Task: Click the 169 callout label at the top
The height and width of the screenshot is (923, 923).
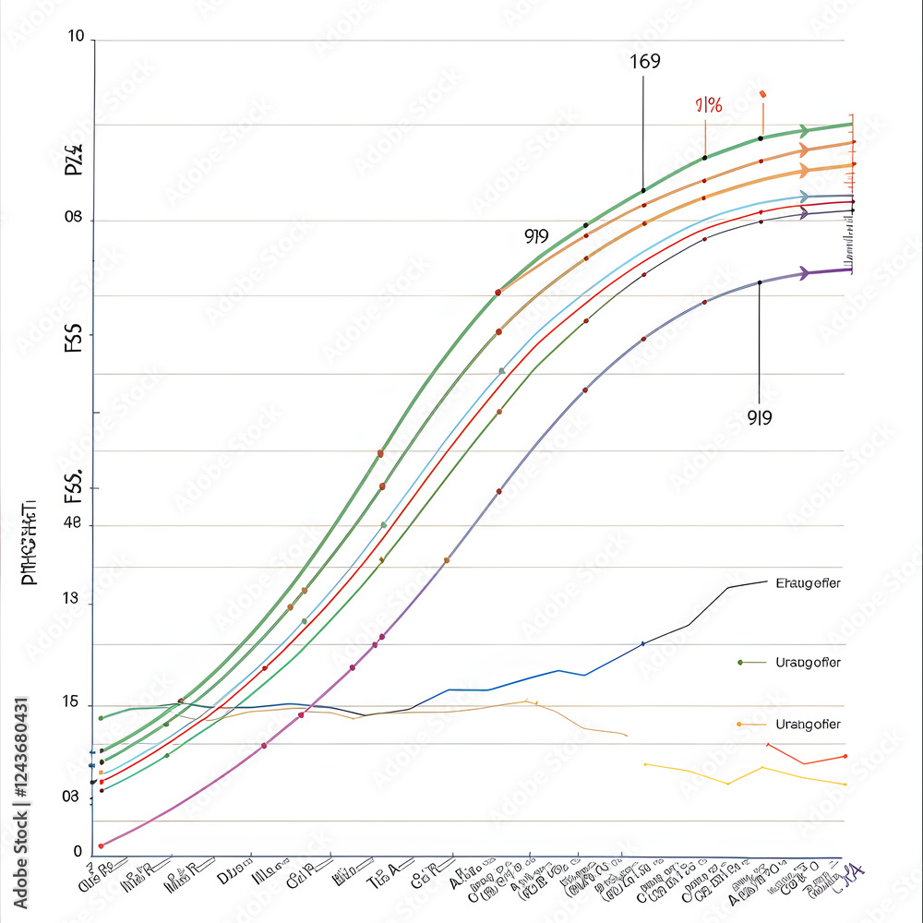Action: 645,62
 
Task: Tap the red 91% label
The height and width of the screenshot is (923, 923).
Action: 708,105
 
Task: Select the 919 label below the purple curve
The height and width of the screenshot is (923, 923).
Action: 759,417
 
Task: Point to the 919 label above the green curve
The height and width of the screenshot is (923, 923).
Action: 536,235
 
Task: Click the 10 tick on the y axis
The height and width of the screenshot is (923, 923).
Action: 76,37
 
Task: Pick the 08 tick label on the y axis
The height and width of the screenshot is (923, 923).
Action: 74,219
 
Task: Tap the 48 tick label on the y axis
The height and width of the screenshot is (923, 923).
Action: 72,524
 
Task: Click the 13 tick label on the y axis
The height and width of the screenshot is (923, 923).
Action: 71,600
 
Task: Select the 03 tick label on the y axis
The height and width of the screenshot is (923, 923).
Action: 71,797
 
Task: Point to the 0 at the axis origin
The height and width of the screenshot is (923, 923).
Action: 78,851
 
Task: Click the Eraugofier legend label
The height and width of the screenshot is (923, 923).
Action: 808,583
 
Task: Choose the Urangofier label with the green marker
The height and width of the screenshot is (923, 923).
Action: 808,663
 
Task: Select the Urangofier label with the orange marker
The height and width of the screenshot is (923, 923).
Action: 808,724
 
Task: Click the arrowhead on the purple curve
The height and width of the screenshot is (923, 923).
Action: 804,272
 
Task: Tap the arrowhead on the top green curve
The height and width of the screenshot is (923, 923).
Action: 805,130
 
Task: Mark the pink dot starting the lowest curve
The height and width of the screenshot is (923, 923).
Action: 101,845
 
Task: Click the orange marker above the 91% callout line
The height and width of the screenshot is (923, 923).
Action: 762,94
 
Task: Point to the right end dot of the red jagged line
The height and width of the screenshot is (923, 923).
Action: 845,756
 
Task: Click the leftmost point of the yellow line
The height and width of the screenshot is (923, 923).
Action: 645,764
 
